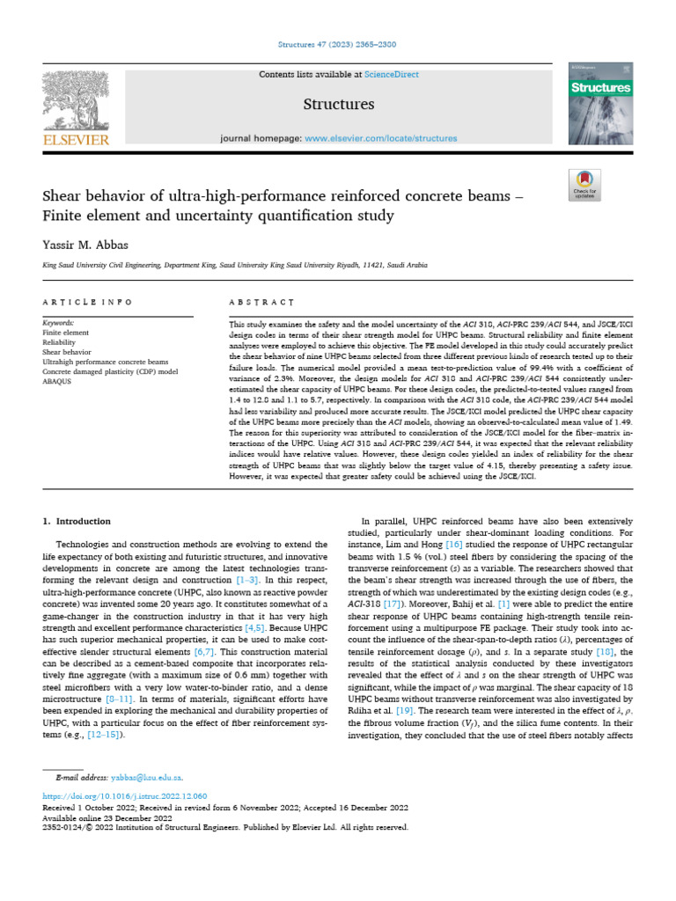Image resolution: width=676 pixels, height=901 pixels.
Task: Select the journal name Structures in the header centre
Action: pos(339,105)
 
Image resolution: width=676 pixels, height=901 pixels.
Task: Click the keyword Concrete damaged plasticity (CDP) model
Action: pos(110,372)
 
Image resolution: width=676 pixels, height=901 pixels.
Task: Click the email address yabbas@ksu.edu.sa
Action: pos(147,778)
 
